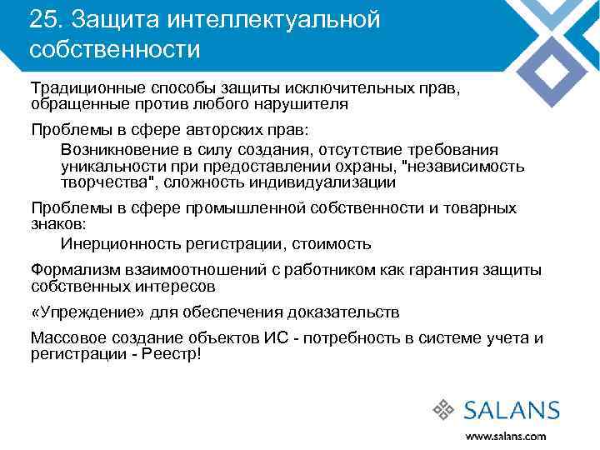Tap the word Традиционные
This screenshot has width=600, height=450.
pyautogui.click(x=88, y=88)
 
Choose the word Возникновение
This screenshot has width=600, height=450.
pyautogui.click(x=118, y=150)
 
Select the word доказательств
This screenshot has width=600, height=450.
pyautogui.click(x=342, y=312)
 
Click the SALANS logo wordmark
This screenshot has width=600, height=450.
pyautogui.click(x=511, y=410)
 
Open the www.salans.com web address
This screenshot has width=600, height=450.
pyautogui.click(x=506, y=436)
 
